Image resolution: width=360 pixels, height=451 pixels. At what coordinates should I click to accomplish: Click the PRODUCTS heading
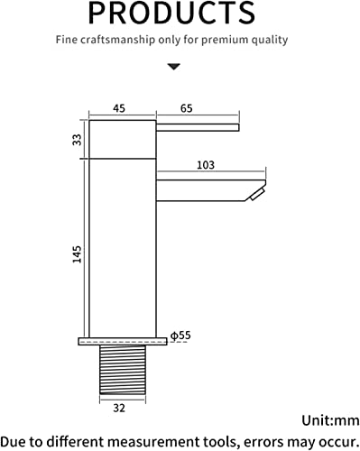[171, 13]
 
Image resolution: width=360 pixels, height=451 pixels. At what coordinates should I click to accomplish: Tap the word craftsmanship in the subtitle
[117, 40]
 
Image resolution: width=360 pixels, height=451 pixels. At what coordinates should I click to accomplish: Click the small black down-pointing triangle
[174, 67]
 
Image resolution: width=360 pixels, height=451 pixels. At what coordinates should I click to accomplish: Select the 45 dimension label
[119, 108]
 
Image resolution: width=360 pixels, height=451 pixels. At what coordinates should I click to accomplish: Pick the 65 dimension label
[187, 108]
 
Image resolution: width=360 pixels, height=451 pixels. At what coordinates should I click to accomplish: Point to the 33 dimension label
[77, 140]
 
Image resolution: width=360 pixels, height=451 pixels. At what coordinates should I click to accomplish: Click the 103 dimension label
[206, 165]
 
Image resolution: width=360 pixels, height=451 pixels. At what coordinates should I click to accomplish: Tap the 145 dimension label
[77, 254]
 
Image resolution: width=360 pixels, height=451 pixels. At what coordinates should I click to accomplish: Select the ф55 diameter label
[180, 336]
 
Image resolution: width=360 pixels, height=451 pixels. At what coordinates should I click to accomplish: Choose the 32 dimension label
[119, 408]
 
